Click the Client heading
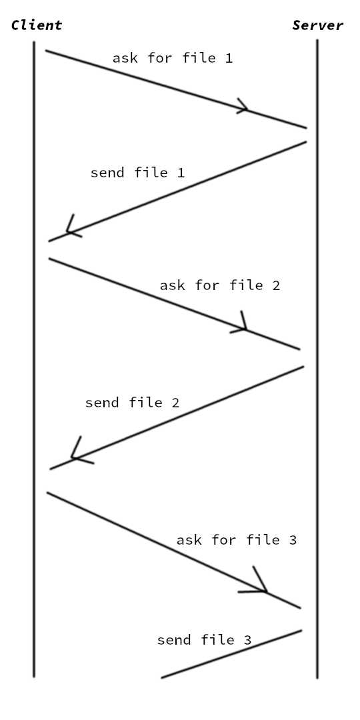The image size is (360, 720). click(x=37, y=25)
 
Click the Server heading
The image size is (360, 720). click(x=318, y=25)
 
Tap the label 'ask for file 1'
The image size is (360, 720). click(x=172, y=58)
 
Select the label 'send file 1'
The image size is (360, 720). click(x=137, y=173)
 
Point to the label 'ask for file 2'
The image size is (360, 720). click(x=220, y=285)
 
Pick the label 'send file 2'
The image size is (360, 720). click(x=132, y=403)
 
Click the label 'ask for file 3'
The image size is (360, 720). click(x=236, y=540)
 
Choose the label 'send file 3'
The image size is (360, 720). click(x=204, y=640)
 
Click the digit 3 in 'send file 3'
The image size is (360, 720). click(x=247, y=640)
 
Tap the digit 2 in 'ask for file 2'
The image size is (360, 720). click(x=276, y=285)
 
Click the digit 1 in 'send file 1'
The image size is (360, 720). click(x=180, y=173)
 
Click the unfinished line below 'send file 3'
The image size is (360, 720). click(x=231, y=654)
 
